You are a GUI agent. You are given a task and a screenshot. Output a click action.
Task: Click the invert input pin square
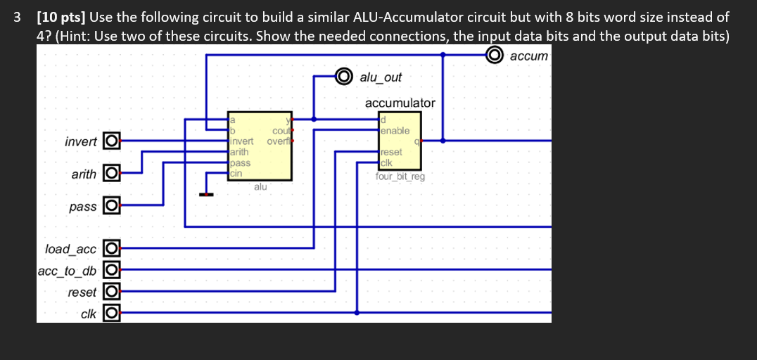(x=110, y=141)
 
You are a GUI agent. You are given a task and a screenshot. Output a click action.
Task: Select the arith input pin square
(x=110, y=173)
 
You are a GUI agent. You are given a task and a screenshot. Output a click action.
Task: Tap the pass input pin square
(x=110, y=207)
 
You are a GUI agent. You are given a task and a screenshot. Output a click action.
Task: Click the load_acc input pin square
(x=110, y=248)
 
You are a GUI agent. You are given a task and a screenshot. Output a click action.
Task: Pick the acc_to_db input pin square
(x=110, y=270)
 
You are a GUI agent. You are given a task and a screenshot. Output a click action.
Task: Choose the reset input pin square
(x=110, y=292)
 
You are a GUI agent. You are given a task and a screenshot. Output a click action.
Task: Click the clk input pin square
(x=110, y=314)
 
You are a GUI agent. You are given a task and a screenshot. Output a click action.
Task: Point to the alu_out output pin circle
(x=343, y=76)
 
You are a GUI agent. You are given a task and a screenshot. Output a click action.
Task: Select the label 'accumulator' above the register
(x=400, y=103)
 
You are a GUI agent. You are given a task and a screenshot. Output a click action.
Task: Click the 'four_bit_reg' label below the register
(x=400, y=176)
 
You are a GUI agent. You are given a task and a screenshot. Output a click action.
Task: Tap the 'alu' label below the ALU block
(x=260, y=186)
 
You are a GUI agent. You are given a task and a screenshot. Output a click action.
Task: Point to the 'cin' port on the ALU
(x=236, y=172)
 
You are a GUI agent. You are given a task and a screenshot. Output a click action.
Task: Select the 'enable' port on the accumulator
(x=395, y=131)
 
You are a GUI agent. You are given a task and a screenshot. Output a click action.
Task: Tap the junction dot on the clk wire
(x=357, y=313)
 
